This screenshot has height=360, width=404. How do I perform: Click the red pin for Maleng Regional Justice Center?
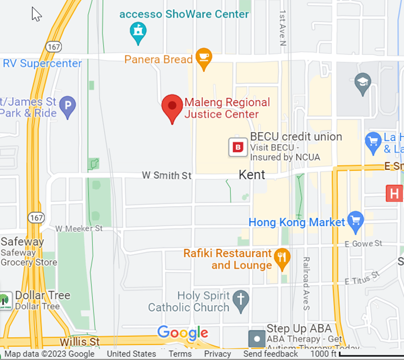coord(172,107)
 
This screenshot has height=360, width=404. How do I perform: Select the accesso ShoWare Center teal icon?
coord(138,33)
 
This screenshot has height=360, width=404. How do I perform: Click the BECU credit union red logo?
coord(238,147)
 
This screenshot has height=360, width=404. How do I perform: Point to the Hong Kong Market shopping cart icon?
coord(356,222)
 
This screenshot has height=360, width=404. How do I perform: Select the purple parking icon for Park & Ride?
coord(68,106)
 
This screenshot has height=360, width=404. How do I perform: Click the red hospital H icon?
coord(394,193)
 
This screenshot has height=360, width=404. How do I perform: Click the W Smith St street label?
coord(167,176)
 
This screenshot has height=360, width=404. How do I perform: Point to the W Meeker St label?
coord(79,228)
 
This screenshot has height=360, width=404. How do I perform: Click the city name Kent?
coord(252,174)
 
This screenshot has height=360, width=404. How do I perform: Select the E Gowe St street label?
coord(363,244)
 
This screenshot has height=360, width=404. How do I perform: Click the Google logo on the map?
coord(182,333)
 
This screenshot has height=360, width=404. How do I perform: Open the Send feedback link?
coord(270,354)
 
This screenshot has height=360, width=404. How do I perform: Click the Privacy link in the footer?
coord(217,354)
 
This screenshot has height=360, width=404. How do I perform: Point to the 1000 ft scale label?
coord(323,354)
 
